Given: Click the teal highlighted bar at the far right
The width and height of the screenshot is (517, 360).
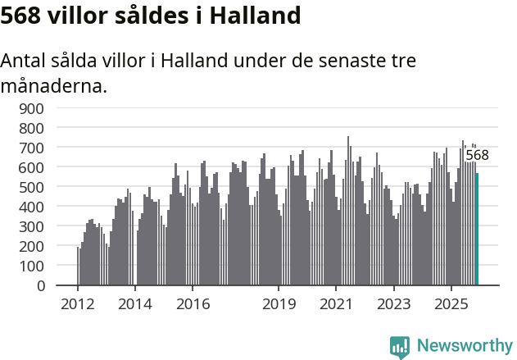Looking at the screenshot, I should click(477, 230).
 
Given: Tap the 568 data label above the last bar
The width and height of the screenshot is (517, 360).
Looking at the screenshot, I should click(477, 156).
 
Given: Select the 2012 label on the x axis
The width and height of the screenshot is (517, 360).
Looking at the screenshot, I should click(78, 304).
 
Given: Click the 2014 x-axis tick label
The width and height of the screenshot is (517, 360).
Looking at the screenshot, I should click(135, 304).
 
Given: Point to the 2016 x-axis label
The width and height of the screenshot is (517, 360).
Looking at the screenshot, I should click(193, 304).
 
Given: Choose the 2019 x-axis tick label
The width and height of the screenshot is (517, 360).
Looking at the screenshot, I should click(279, 304).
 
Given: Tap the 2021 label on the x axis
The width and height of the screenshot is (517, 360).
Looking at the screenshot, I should click(336, 304).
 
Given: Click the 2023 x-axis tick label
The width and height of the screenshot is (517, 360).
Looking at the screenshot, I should click(393, 304).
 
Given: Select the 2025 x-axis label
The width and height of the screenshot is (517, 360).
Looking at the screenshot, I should click(451, 304).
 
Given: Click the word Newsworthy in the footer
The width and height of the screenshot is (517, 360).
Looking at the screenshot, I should click(465, 346).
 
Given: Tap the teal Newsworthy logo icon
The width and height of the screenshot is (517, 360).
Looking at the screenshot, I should click(400, 347).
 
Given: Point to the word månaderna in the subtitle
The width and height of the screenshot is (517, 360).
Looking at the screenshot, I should click(54, 85).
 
